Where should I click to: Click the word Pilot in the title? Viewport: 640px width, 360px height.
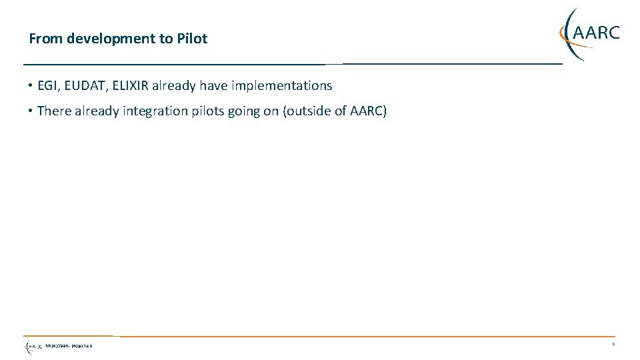[x=192, y=39]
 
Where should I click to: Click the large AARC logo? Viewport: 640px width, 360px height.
[x=589, y=33]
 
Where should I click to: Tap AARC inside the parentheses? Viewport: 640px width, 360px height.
[x=367, y=111]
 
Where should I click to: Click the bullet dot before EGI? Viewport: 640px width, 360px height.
[x=31, y=85]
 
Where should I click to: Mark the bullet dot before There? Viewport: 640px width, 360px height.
[x=31, y=111]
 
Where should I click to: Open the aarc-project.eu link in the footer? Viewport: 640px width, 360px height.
[x=69, y=346]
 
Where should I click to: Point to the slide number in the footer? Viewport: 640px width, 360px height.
[x=612, y=345]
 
